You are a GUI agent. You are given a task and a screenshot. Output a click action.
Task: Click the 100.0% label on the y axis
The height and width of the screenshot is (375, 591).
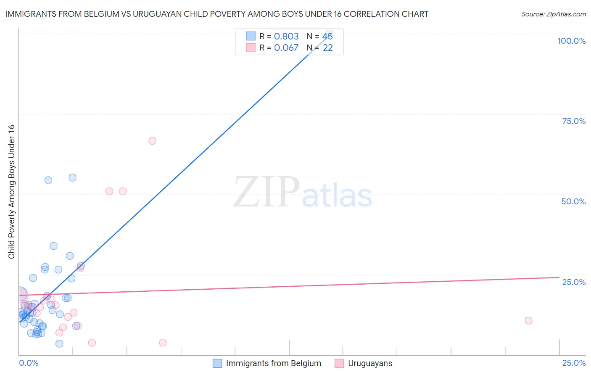coord(571,41)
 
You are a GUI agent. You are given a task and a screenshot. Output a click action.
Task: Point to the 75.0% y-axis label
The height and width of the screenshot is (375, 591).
coord(574,121)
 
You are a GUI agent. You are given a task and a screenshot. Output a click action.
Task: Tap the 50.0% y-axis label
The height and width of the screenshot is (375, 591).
coord(573,201)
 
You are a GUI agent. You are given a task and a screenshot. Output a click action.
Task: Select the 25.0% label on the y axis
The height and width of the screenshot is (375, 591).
coord(574,282)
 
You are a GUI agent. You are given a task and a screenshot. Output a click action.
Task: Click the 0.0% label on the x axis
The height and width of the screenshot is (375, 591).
coord(29,363)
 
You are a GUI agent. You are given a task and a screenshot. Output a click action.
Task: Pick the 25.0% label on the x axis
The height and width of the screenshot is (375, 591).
coord(574,363)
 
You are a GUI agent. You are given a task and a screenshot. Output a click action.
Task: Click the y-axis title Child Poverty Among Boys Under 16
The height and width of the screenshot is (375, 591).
coord(11,192)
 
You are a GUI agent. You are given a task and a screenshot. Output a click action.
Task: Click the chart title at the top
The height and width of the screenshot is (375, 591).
coord(217,14)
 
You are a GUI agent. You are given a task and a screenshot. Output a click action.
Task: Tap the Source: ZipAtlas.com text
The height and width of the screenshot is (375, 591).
coord(553,14)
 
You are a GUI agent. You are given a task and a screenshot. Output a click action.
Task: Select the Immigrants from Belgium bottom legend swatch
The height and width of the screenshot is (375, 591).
coord(217,363)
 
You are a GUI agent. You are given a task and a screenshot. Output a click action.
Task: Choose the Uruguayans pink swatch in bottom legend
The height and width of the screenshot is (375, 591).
coord(339,363)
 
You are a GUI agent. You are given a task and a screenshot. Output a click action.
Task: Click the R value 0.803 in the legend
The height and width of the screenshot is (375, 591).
coord(286,36)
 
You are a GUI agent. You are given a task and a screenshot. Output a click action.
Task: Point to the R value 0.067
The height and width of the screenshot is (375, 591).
coord(286,48)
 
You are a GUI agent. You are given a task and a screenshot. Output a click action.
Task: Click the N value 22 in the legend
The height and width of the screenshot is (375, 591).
coord(327,48)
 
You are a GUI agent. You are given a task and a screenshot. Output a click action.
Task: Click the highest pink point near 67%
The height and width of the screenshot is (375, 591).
coord(152,141)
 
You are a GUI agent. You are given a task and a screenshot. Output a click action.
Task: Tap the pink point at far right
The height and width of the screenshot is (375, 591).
coord(528,320)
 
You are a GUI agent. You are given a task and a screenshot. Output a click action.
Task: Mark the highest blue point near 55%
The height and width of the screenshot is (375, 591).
coord(72,177)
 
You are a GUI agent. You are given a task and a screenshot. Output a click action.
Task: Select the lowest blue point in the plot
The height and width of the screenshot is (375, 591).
coord(59,343)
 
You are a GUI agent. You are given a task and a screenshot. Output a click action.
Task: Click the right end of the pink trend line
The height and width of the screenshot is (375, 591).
coord(559,277)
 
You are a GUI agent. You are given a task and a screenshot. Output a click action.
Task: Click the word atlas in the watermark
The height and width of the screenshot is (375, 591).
coord(337,196)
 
